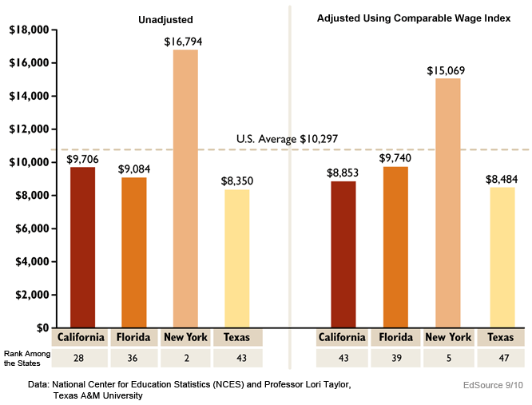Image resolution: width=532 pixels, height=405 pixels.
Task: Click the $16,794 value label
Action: click(185, 41)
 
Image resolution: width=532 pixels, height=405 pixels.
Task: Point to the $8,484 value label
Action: click(502, 178)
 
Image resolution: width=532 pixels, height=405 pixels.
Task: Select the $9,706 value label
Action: click(82, 159)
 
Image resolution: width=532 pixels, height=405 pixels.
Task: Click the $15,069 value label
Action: click(447, 70)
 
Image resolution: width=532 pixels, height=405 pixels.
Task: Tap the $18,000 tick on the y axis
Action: click(27, 30)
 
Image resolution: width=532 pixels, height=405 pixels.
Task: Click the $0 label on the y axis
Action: click(41, 328)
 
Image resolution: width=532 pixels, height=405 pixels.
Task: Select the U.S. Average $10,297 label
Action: click(287, 139)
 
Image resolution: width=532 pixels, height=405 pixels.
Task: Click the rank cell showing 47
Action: click(500, 358)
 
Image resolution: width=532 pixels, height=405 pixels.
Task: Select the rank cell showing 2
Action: click(185, 358)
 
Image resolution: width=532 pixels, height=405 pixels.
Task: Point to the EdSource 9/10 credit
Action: click(493, 385)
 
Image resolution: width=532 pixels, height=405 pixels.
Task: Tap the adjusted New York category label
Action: click(447, 337)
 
